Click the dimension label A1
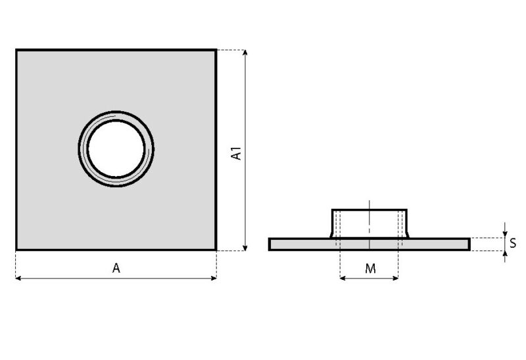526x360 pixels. [x=237, y=154]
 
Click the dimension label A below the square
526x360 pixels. [x=116, y=268]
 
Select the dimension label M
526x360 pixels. [x=370, y=269]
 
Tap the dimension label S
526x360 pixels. [x=512, y=243]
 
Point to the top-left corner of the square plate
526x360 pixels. [x=16, y=49]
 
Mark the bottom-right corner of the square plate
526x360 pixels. [x=216, y=250]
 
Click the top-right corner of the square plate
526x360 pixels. [x=216, y=49]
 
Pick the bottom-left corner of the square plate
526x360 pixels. [x=16, y=250]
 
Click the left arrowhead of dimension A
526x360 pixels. [x=18, y=279]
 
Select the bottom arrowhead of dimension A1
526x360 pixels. [x=245, y=247]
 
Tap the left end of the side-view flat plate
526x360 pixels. [x=270, y=244]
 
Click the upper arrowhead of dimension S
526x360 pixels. [x=504, y=233]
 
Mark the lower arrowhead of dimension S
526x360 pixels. [x=504, y=254]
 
